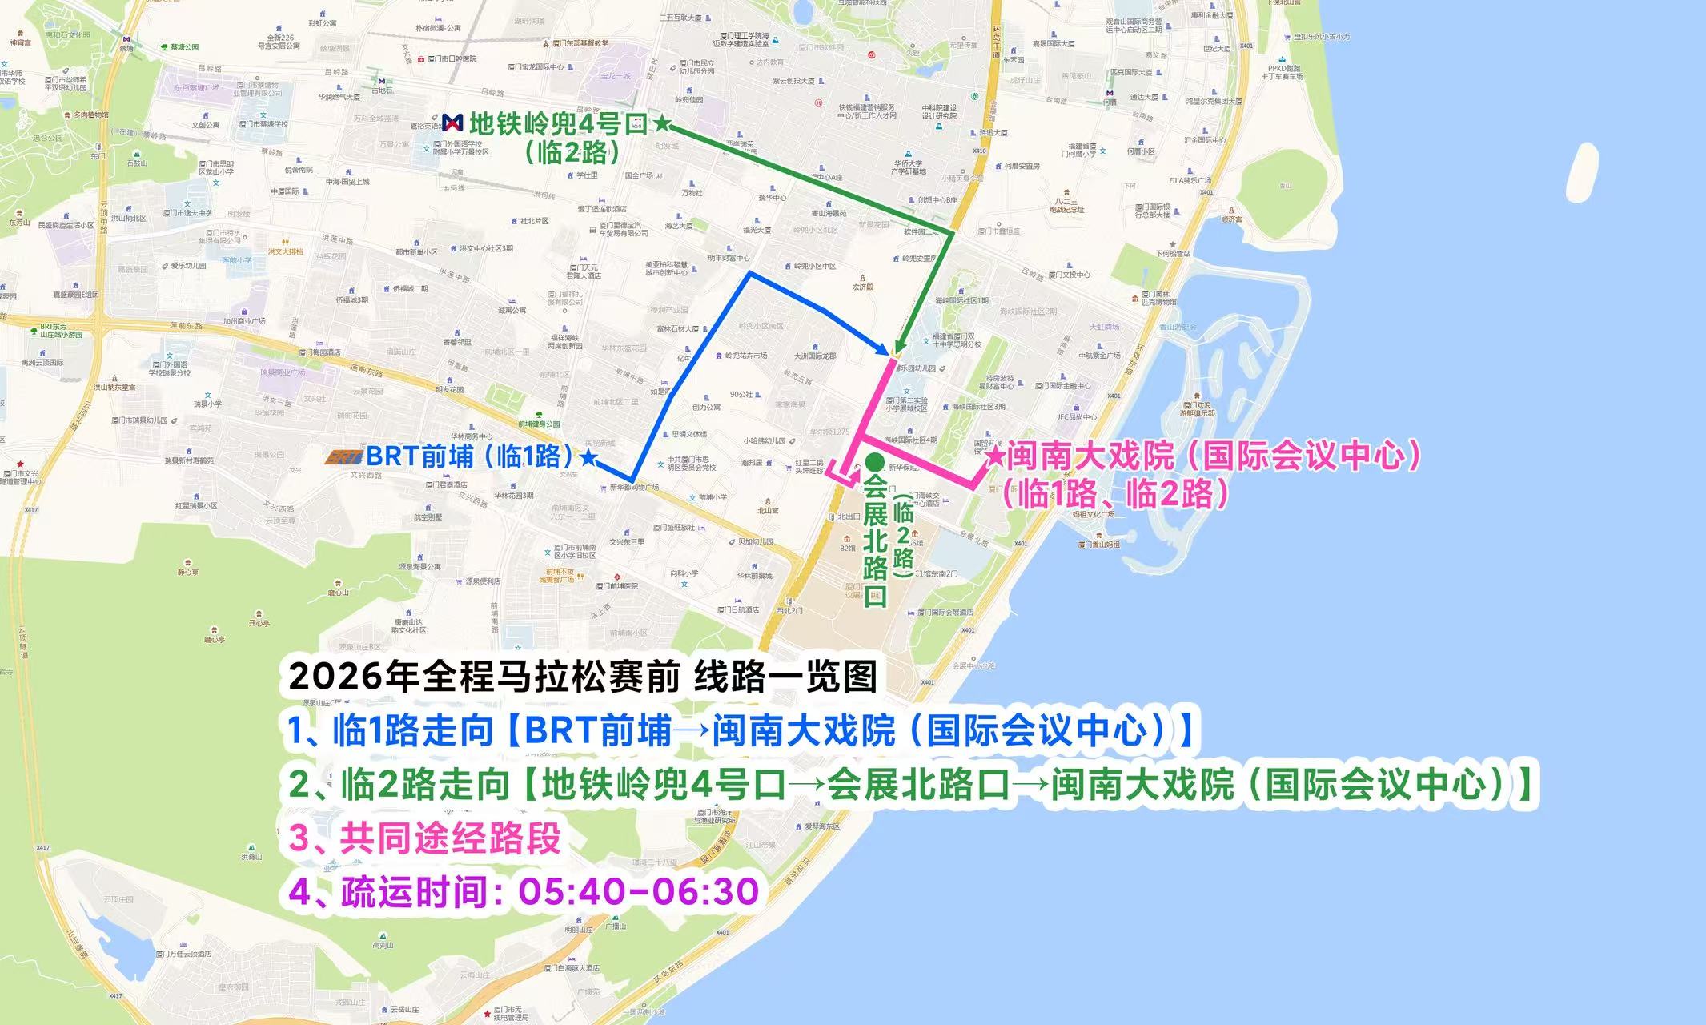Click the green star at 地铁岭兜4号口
(662, 123)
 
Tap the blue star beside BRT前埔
(588, 457)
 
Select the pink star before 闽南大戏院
(996, 456)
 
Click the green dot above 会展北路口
(875, 463)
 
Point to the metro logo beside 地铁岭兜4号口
(452, 123)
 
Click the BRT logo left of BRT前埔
(344, 457)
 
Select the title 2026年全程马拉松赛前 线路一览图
(582, 677)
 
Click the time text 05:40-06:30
(638, 891)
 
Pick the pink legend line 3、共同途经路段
(424, 838)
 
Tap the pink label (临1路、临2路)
(1114, 494)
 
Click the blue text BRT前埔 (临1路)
(471, 456)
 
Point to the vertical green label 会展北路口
(875, 543)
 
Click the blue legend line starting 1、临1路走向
(742, 731)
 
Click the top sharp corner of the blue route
(750, 273)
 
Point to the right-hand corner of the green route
(952, 232)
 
